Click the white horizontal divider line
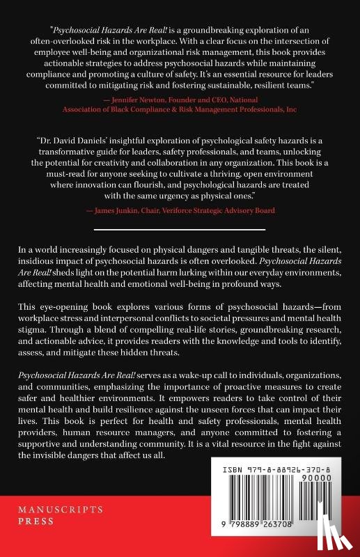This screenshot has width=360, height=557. (180, 228)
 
